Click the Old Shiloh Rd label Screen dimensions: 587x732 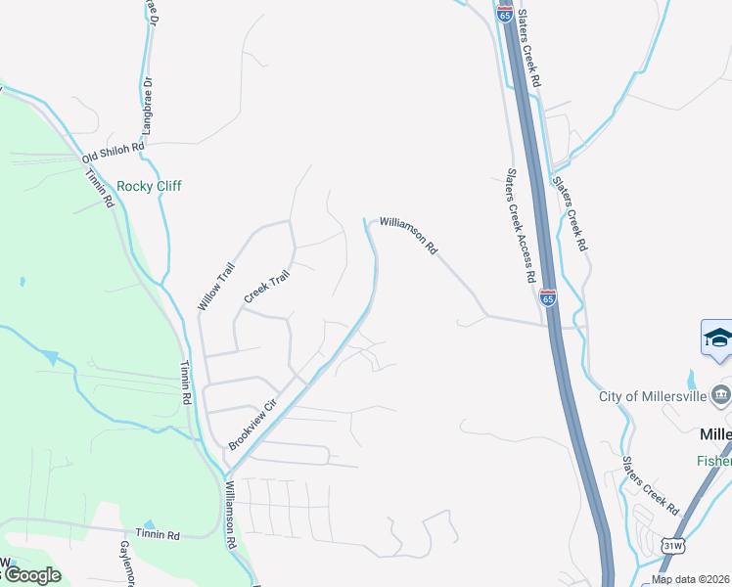click(113, 152)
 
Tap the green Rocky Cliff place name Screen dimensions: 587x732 click(149, 186)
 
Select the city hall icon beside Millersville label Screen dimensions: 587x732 click(722, 395)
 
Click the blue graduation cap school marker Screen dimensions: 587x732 click(717, 338)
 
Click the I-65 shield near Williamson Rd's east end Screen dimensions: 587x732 click(548, 298)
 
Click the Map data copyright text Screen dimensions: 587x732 click(690, 579)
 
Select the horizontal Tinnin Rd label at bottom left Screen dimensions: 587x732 click(159, 535)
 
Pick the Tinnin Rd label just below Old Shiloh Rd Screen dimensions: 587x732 click(101, 186)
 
